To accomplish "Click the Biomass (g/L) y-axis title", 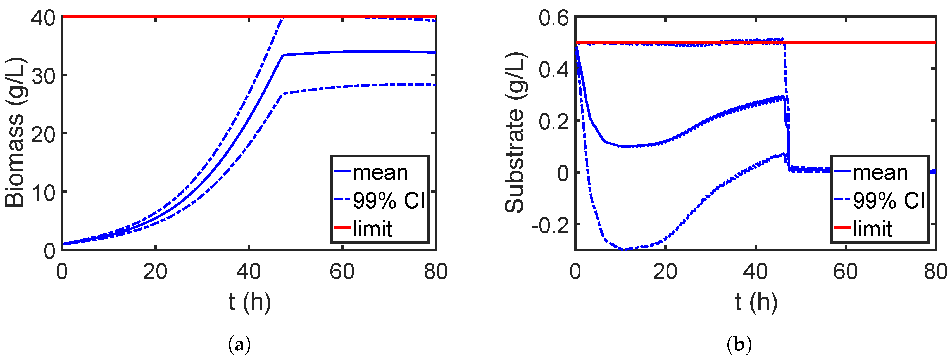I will pyautogui.click(x=15, y=132).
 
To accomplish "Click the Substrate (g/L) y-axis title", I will pyautogui.click(x=515, y=132).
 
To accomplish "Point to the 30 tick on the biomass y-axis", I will pyautogui.click(x=43, y=76).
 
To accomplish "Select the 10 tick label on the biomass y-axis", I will pyautogui.click(x=43, y=193).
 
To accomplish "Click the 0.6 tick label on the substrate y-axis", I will pyautogui.click(x=553, y=18).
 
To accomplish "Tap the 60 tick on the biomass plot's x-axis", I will pyautogui.click(x=342, y=272).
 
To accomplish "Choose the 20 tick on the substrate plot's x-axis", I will pyautogui.click(x=665, y=272).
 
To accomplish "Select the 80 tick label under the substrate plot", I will pyautogui.click(x=935, y=272).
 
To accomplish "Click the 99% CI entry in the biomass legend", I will pyautogui.click(x=389, y=200).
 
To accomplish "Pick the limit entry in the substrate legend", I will pyautogui.click(x=872, y=229).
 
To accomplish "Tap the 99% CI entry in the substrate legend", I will pyautogui.click(x=888, y=200).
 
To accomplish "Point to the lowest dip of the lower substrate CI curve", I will pyautogui.click(x=625, y=249).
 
